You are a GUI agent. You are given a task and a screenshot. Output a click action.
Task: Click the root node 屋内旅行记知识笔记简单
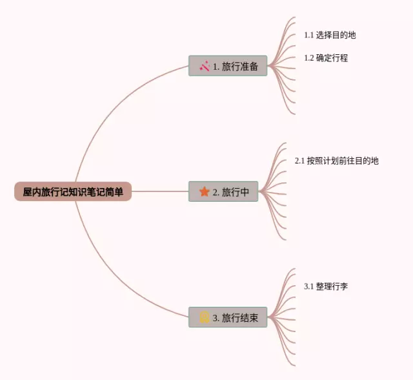pyautogui.click(x=73, y=192)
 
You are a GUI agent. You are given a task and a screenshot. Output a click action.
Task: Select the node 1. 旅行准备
pyautogui.click(x=228, y=66)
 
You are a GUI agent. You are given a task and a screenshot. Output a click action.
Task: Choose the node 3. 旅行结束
pyautogui.click(x=228, y=317)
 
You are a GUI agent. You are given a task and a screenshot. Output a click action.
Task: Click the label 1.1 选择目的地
pyautogui.click(x=330, y=35)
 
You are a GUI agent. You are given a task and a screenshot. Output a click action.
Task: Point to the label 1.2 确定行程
pyautogui.click(x=326, y=58)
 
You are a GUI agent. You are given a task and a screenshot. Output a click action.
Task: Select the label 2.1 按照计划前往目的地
pyautogui.click(x=336, y=160)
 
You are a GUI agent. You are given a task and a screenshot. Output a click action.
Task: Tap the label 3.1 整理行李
pyautogui.click(x=326, y=286)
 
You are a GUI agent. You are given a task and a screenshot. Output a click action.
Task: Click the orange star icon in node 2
pyautogui.click(x=205, y=191)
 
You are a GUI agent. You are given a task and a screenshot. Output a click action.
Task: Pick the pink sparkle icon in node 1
pyautogui.click(x=205, y=66)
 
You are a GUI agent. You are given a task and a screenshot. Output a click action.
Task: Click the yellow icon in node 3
pyautogui.click(x=205, y=317)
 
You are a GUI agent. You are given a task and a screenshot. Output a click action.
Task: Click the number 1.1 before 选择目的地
pyautogui.click(x=309, y=35)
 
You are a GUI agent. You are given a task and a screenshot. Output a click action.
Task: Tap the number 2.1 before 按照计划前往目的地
pyautogui.click(x=300, y=160)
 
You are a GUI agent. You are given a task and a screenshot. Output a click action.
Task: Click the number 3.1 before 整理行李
pyautogui.click(x=309, y=286)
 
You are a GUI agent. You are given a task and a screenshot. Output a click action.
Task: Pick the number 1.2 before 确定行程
pyautogui.click(x=309, y=58)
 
